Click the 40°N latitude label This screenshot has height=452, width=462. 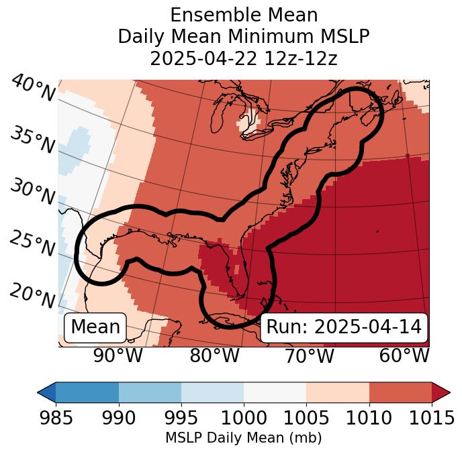[32, 89]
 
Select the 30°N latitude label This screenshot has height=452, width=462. [32, 192]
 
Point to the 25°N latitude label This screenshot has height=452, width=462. [32, 244]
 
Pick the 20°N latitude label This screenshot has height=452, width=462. [32, 296]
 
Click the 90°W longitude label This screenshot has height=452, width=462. [118, 356]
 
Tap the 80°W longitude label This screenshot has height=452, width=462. [214, 356]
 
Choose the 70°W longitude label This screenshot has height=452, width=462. [309, 356]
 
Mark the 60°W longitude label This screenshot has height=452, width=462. [404, 356]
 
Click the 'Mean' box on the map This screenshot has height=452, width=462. [95, 327]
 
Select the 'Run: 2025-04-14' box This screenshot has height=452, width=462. [344, 327]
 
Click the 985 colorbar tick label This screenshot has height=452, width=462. [56, 418]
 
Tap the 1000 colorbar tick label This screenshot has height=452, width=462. [244, 418]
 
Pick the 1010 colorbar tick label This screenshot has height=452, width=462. [369, 418]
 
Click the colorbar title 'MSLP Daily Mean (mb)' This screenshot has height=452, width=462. [243, 439]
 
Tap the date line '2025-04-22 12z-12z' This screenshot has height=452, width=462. [243, 58]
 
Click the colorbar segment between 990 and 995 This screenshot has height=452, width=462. [150, 392]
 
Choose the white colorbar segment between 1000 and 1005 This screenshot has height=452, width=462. [275, 392]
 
